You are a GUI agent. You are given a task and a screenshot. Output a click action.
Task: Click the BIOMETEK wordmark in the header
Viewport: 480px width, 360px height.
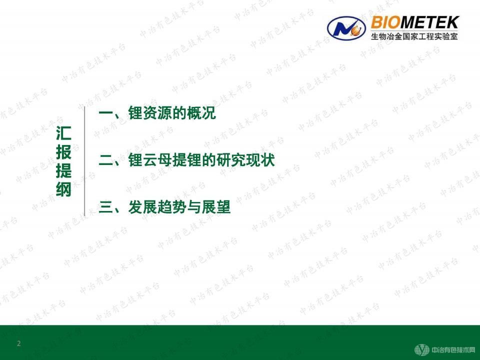415,23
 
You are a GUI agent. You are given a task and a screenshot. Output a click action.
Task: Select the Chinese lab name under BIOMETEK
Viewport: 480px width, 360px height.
415,36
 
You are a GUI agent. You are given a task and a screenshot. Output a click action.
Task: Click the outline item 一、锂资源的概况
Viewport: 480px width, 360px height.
157,113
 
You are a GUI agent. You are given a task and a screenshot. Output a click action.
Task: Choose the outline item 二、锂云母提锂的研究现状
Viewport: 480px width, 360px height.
187,160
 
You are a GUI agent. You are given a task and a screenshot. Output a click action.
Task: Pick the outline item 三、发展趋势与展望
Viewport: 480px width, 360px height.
165,207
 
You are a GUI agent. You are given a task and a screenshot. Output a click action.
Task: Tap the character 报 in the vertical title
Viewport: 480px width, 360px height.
63,152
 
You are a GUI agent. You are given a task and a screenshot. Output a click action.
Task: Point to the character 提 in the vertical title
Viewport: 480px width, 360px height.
63,171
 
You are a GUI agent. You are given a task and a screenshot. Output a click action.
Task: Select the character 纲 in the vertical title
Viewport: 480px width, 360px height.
63,189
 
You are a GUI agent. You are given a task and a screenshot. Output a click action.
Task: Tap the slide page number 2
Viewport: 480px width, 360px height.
19,343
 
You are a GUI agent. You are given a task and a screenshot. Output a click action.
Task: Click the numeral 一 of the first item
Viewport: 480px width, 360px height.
106,114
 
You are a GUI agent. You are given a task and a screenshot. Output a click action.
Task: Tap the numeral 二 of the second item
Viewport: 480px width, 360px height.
106,161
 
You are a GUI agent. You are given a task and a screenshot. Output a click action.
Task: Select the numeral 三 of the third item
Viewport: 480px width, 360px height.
106,207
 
